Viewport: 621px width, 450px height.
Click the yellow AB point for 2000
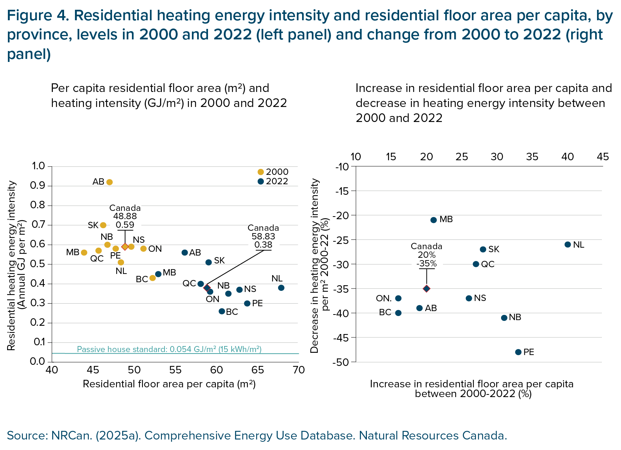point(109,182)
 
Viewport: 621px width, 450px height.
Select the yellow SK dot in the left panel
point(103,225)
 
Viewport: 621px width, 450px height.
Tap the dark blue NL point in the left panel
point(281,288)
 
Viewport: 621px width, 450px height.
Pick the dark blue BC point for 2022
point(221,312)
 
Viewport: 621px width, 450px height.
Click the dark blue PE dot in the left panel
point(247,303)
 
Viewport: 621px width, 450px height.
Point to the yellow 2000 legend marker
point(261,172)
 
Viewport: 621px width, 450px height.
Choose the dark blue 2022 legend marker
point(261,182)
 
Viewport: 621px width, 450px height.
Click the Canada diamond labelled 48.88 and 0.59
point(125,247)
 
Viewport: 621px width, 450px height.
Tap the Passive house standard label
point(169,349)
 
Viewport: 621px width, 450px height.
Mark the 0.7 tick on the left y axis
point(39,225)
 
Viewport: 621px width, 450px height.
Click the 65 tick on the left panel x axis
point(258,370)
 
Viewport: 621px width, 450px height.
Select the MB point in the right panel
point(434,220)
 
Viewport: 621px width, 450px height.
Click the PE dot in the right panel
point(518,352)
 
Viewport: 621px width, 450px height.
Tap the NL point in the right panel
point(568,245)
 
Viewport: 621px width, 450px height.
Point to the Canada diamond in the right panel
point(426,289)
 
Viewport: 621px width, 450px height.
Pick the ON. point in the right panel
point(398,298)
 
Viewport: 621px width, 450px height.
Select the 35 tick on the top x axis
point(532,157)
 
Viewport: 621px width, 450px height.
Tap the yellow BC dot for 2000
point(153,278)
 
